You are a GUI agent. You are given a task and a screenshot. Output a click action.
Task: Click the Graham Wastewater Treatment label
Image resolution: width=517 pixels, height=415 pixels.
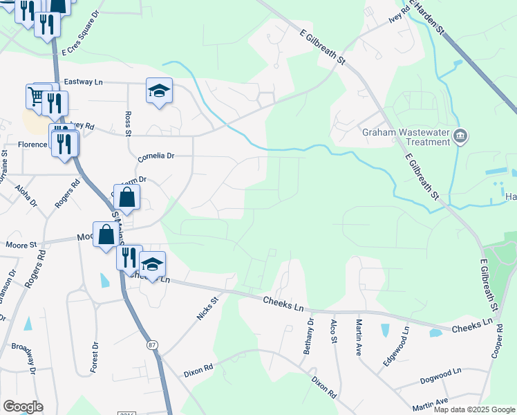405,136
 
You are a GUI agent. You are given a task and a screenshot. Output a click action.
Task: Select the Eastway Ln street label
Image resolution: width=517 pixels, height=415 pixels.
83,82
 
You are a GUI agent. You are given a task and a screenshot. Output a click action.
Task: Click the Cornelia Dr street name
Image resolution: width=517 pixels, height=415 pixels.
153,156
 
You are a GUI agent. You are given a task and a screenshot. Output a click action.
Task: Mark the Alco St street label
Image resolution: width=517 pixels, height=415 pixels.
333,335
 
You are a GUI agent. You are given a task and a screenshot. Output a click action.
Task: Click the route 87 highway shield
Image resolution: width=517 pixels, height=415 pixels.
151,344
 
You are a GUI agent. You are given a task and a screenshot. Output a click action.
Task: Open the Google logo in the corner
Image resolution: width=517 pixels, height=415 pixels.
22,407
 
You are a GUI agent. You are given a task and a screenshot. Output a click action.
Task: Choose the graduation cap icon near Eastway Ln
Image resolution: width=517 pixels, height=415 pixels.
159,91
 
